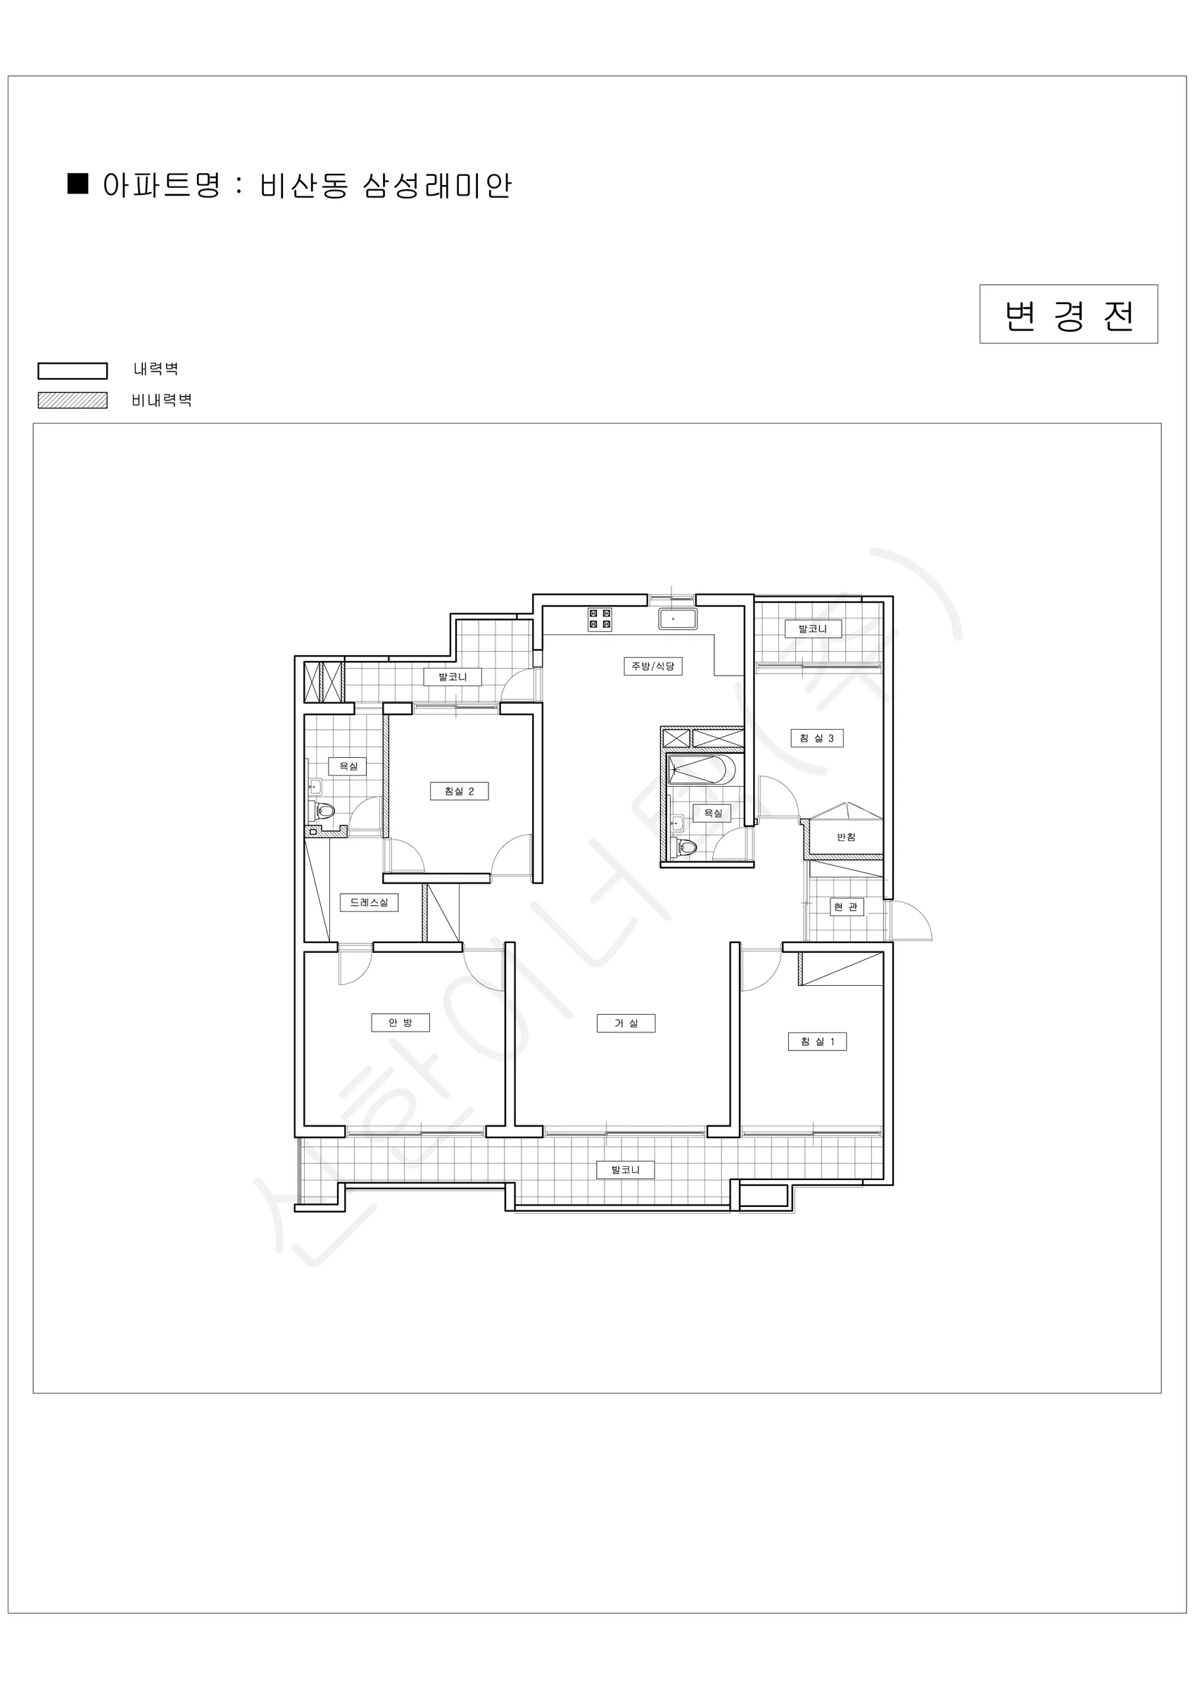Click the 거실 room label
(x=626, y=1023)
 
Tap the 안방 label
(x=400, y=1023)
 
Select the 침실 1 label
(x=817, y=1042)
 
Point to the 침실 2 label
(x=459, y=792)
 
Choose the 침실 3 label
(x=817, y=738)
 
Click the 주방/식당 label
(x=652, y=666)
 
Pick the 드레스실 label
(x=369, y=903)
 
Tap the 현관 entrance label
(x=845, y=907)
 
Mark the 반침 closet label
(x=846, y=837)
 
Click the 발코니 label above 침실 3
(x=812, y=629)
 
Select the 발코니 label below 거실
(x=626, y=1170)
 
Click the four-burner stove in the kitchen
(x=600, y=619)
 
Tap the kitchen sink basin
(x=678, y=619)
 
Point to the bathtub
(x=701, y=769)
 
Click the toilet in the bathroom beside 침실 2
(x=324, y=811)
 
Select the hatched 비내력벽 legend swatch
(x=73, y=400)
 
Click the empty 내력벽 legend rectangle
(x=73, y=371)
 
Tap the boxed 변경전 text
(x=1068, y=315)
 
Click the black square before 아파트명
(x=78, y=183)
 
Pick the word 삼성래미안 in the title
(x=437, y=185)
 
